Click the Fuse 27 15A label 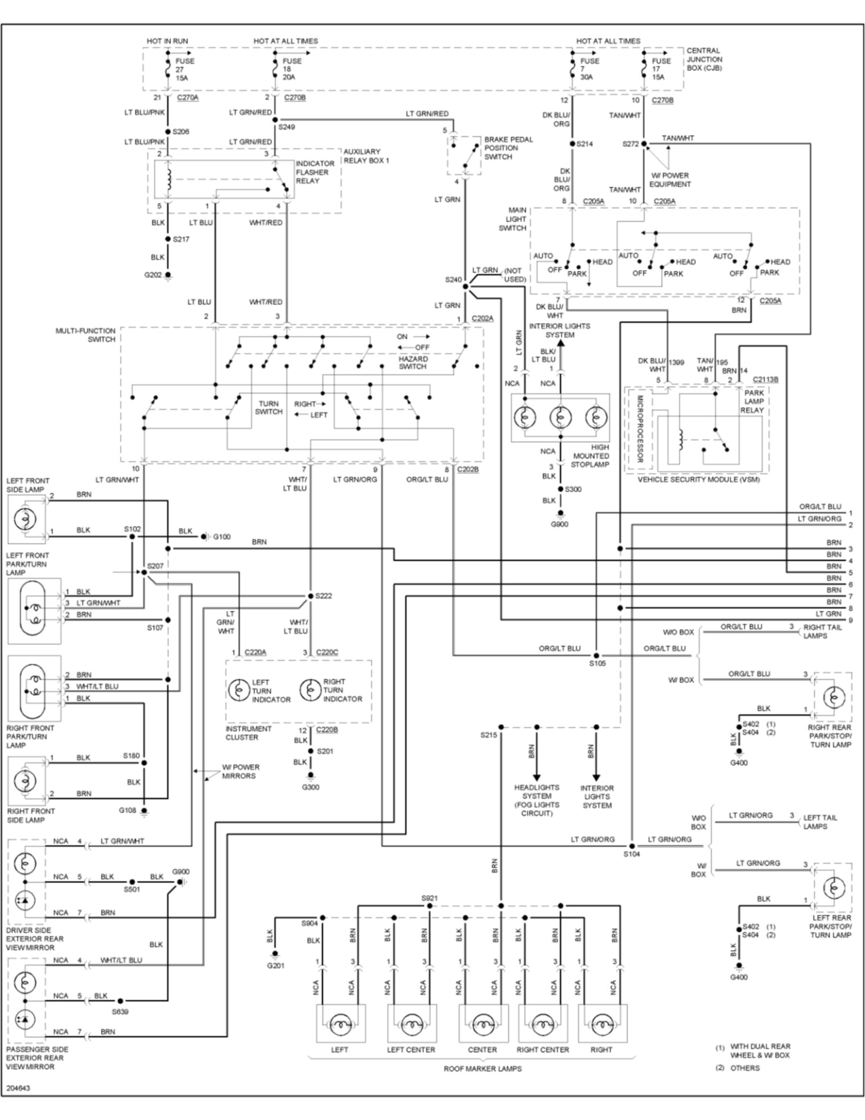[x=185, y=69]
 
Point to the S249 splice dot [x=275, y=120]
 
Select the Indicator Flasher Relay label [x=315, y=172]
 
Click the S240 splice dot [x=465, y=287]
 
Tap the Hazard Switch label [x=413, y=362]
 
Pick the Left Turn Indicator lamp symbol [x=239, y=690]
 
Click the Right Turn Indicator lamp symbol [x=310, y=690]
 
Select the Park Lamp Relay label [x=753, y=401]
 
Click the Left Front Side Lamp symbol [x=25, y=519]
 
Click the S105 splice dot [x=596, y=655]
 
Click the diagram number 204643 [x=19, y=1088]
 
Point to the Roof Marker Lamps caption [x=482, y=1069]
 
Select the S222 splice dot [x=310, y=596]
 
